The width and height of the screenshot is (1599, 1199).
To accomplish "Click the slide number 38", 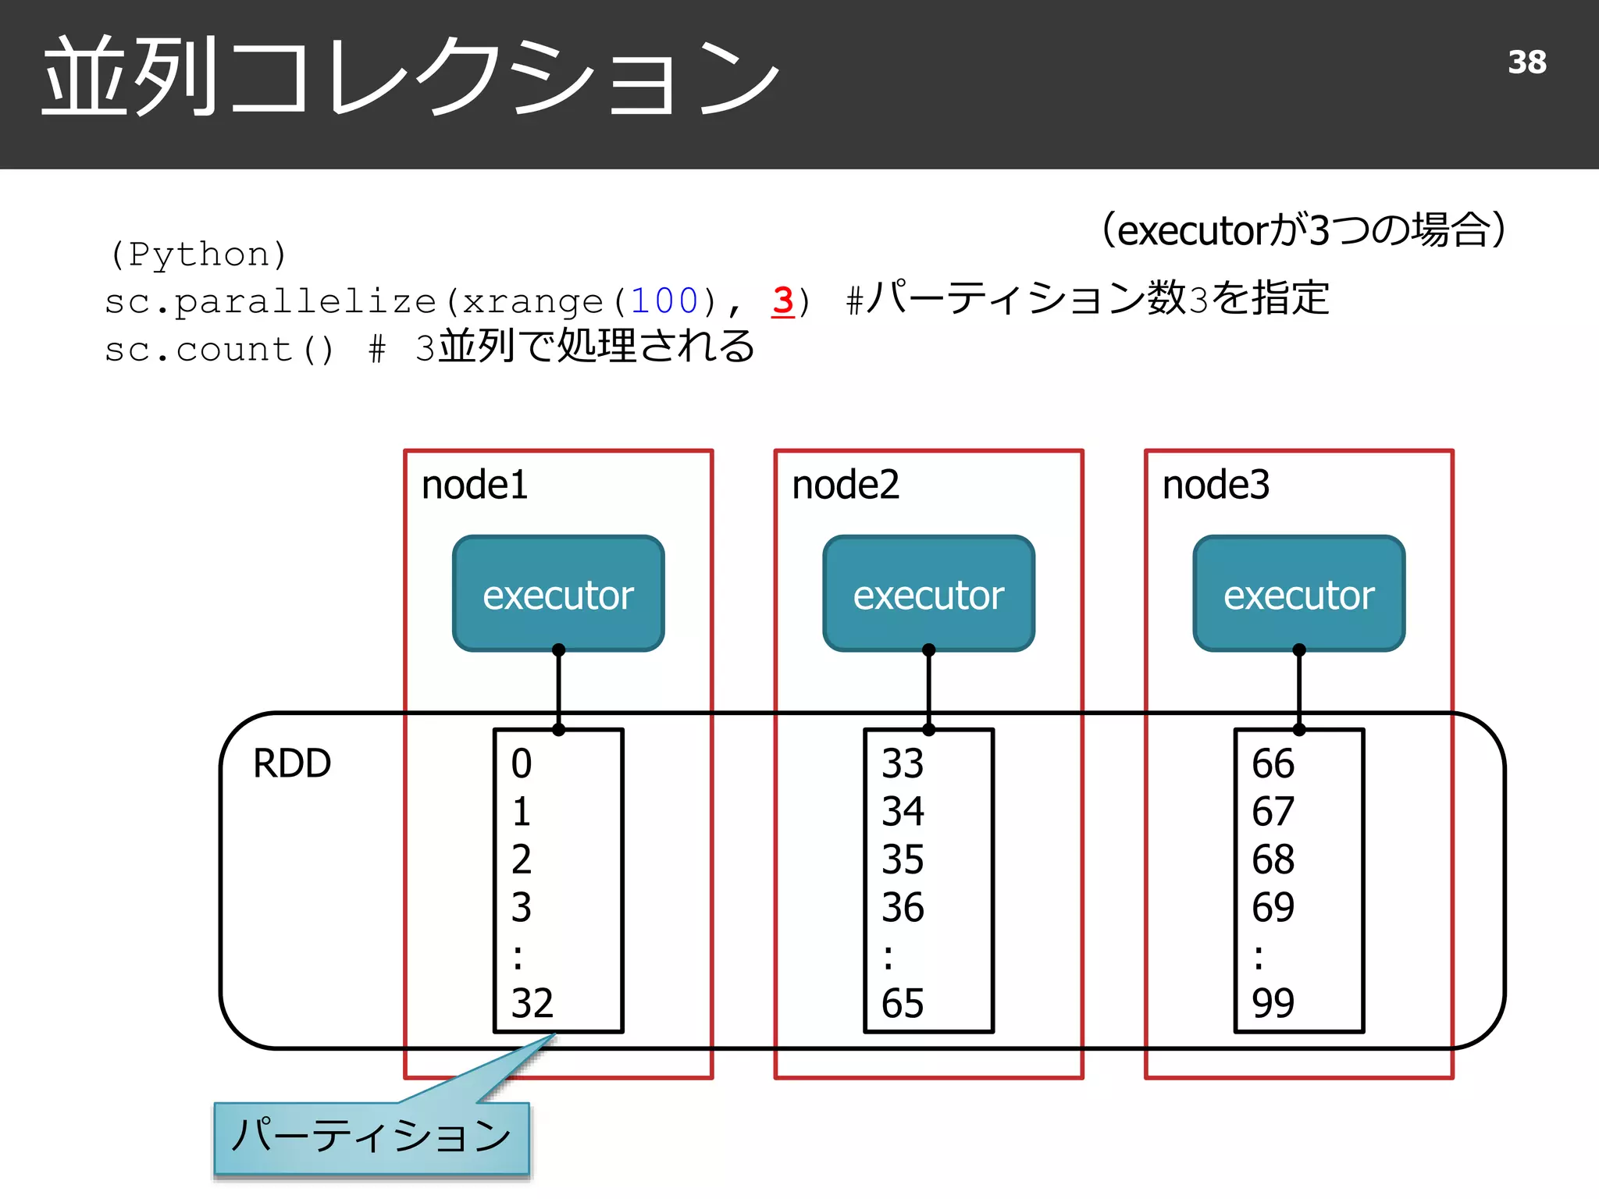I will (1526, 62).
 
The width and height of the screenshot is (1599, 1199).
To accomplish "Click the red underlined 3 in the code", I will (783, 301).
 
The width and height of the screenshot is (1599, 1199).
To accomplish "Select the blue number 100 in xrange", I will (664, 301).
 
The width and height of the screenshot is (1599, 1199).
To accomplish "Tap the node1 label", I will (474, 485).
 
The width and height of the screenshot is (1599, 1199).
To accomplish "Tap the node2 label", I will (845, 485).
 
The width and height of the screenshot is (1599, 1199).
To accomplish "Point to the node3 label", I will (1216, 485).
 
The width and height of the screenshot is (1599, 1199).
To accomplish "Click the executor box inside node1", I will (558, 594).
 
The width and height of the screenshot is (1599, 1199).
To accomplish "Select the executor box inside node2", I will (928, 594).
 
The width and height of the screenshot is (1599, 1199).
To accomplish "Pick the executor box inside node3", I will (1298, 594).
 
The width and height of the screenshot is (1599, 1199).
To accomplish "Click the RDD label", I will (292, 763).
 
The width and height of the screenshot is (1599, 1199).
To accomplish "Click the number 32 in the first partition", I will (532, 1003).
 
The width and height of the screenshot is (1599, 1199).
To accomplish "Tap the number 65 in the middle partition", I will (902, 1003).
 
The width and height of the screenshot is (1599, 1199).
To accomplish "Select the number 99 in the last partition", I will (1273, 1003).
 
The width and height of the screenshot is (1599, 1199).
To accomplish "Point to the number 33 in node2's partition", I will (902, 763).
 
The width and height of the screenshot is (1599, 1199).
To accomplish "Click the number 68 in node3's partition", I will (1273, 859).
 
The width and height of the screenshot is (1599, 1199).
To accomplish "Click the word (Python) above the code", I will (198, 254).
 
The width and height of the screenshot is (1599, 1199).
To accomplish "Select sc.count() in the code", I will (219, 350).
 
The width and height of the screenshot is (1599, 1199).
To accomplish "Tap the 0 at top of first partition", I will (521, 763).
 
